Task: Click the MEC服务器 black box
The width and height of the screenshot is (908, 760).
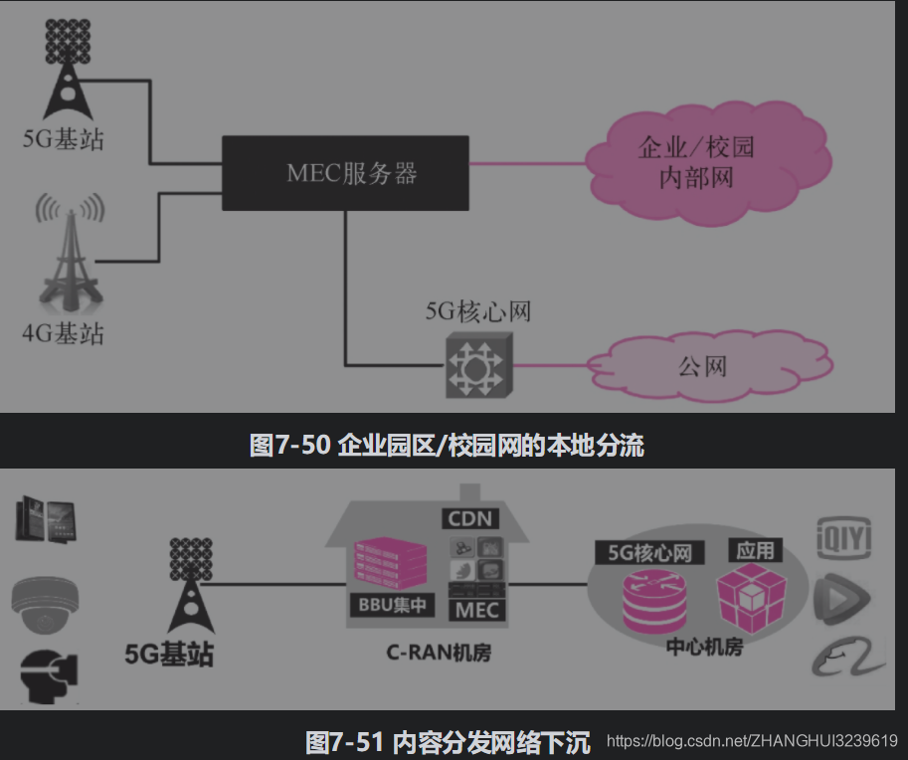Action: coord(345,172)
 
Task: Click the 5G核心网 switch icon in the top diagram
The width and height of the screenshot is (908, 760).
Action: coord(476,365)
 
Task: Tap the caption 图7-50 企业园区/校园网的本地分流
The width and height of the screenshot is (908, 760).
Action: coord(447,445)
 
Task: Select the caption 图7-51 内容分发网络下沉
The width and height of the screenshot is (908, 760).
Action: coord(447,742)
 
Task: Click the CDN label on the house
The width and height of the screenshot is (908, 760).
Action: coord(471,518)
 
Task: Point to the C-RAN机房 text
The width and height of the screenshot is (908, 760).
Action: coord(439,653)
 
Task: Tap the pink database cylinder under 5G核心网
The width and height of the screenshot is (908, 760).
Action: coord(647,600)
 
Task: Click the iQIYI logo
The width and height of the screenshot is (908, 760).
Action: coord(843,538)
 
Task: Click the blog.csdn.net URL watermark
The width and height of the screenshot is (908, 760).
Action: coord(752,741)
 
